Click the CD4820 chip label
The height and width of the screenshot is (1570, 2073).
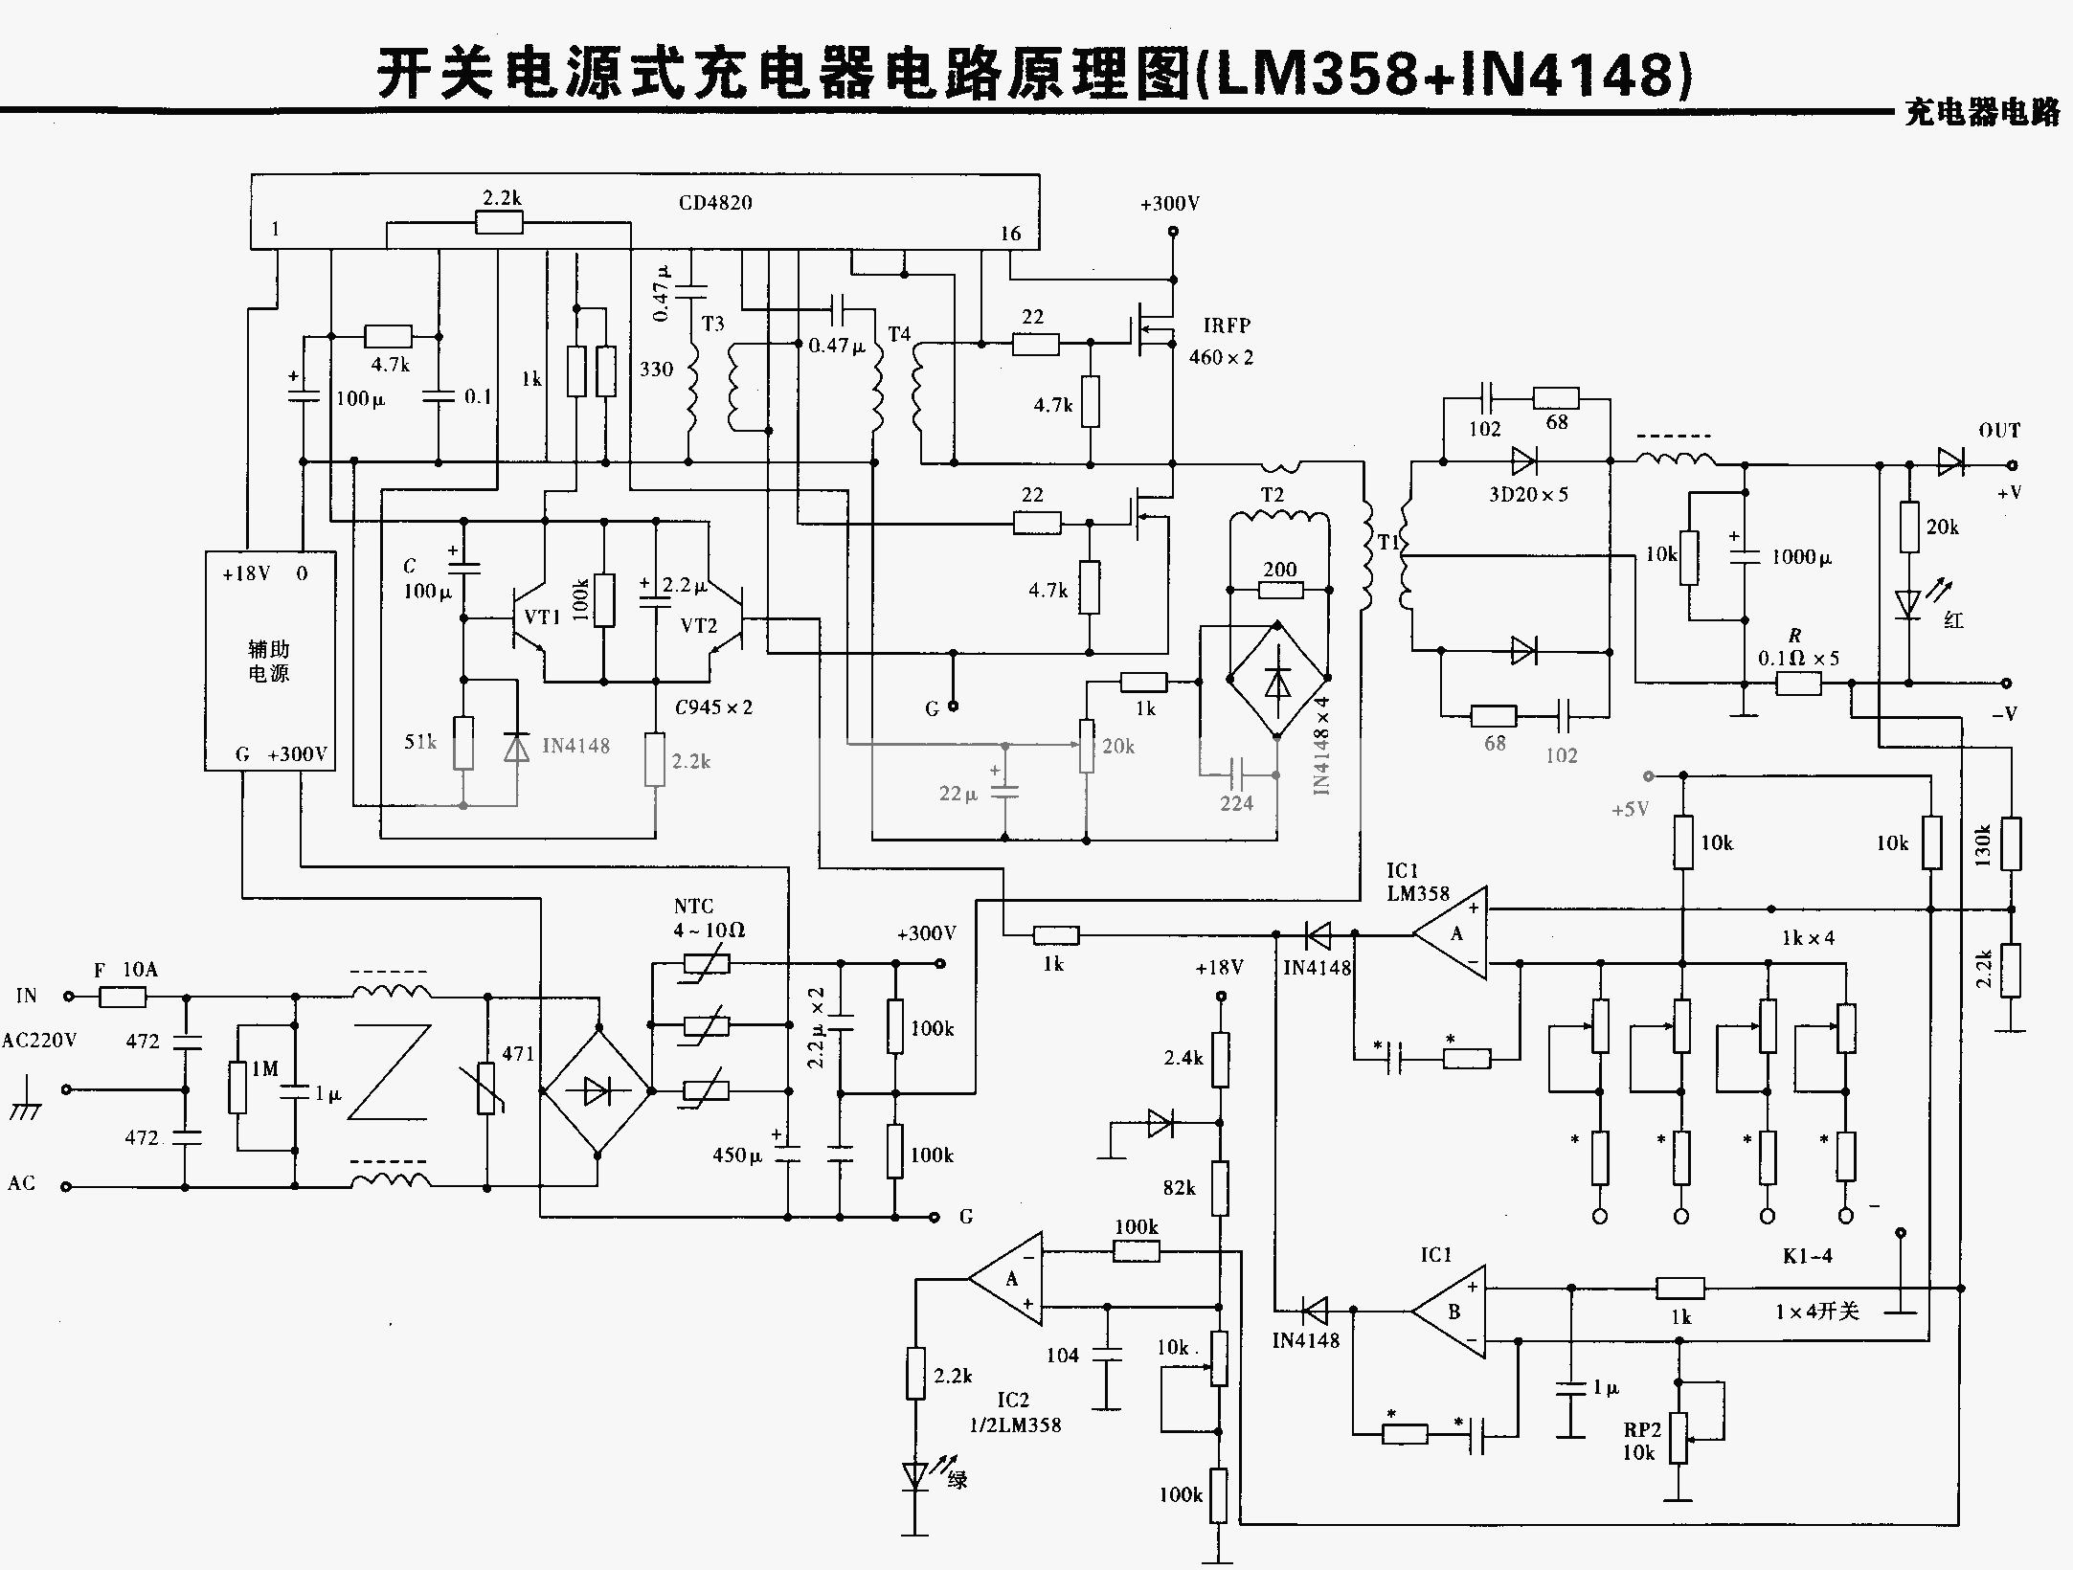click(715, 203)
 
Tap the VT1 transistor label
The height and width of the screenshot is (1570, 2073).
click(542, 617)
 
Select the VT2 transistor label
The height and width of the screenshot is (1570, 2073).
click(698, 626)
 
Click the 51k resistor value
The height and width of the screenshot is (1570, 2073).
click(420, 742)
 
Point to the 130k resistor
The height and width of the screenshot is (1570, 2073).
click(2011, 843)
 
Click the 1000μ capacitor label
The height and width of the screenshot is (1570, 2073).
click(1801, 557)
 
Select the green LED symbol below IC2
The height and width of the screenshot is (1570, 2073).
click(915, 1476)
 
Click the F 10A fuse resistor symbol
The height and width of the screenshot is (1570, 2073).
click(123, 997)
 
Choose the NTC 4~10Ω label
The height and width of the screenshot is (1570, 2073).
click(709, 918)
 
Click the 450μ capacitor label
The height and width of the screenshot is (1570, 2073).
click(736, 1155)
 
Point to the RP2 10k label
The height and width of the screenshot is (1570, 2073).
click(1641, 1442)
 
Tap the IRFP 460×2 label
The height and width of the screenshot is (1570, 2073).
click(1222, 341)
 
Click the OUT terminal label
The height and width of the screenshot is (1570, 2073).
click(1999, 431)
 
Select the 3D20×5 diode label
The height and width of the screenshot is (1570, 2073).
click(1528, 495)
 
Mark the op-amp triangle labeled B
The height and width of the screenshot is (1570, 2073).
click(1452, 1312)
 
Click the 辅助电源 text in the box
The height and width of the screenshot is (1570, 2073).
click(269, 662)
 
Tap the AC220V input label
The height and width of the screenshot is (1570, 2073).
click(39, 1041)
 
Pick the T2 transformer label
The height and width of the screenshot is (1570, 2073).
click(1272, 495)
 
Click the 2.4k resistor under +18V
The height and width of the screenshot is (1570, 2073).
click(1220, 1059)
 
